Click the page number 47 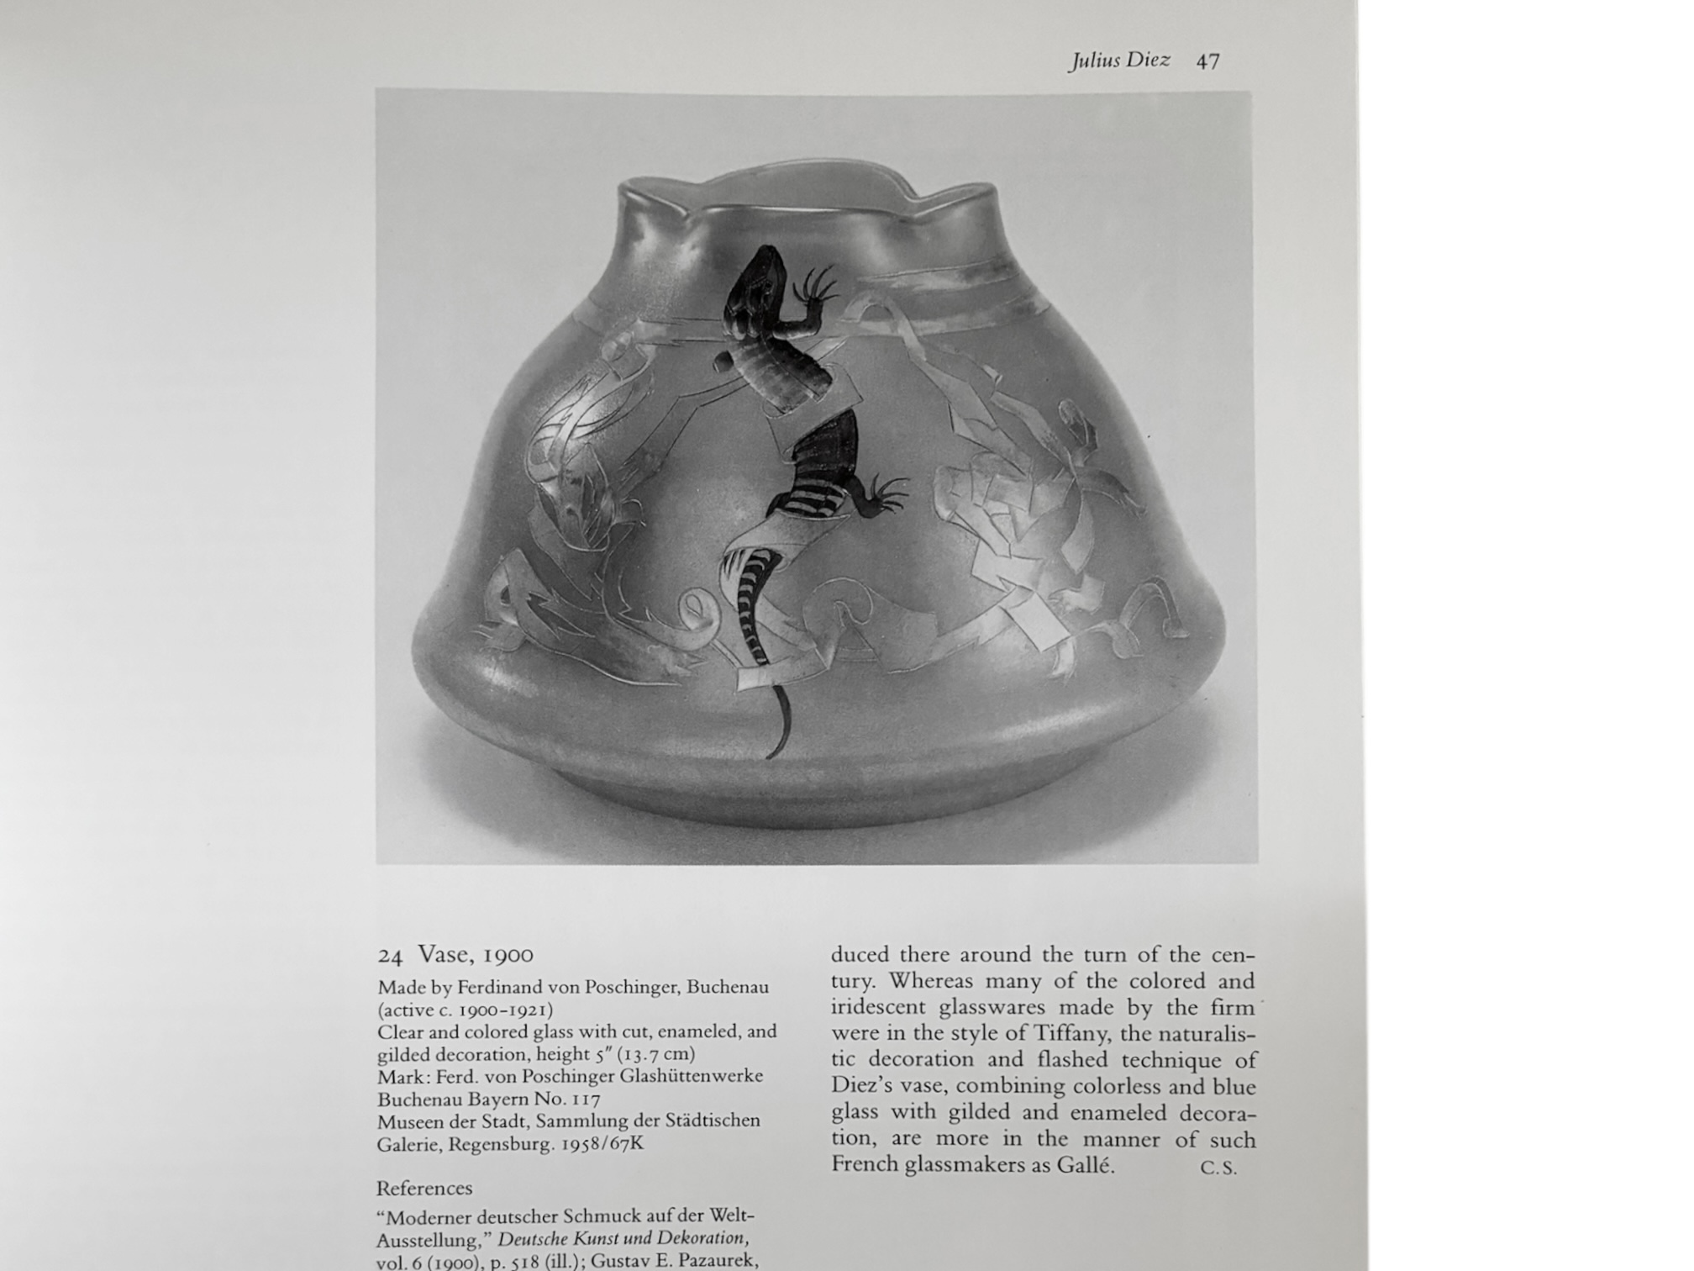click(x=1207, y=61)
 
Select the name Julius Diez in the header click(x=1118, y=61)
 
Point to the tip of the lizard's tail click(x=771, y=754)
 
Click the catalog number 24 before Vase click(x=390, y=956)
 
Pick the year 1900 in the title click(x=508, y=955)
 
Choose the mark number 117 click(x=584, y=1100)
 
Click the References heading click(x=424, y=1189)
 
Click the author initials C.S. click(x=1218, y=1168)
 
